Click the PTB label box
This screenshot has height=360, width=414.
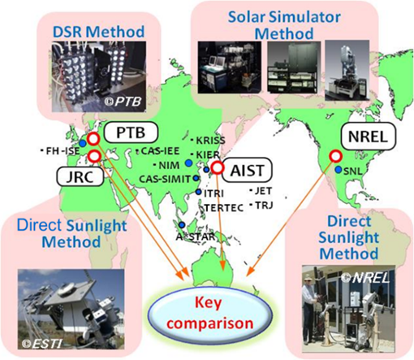tap(131, 132)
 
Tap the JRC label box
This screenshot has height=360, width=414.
tap(80, 177)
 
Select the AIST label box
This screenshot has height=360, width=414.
tap(247, 170)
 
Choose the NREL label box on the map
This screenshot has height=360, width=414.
tap(368, 137)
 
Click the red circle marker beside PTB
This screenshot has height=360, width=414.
tap(93, 139)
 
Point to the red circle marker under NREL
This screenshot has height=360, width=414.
tap(336, 156)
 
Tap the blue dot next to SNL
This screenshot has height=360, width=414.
tap(339, 170)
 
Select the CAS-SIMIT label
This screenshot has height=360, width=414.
tap(165, 179)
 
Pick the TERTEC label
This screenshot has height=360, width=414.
tap(224, 208)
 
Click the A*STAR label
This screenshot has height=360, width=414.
tap(196, 236)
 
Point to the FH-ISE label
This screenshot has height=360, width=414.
tap(63, 151)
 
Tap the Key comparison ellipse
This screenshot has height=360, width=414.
tap(210, 313)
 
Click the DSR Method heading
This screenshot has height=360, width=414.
tap(98, 32)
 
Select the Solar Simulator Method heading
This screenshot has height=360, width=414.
tap(284, 25)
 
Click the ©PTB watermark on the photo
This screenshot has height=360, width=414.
tap(123, 102)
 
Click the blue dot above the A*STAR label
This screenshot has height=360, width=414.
tap(182, 224)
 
